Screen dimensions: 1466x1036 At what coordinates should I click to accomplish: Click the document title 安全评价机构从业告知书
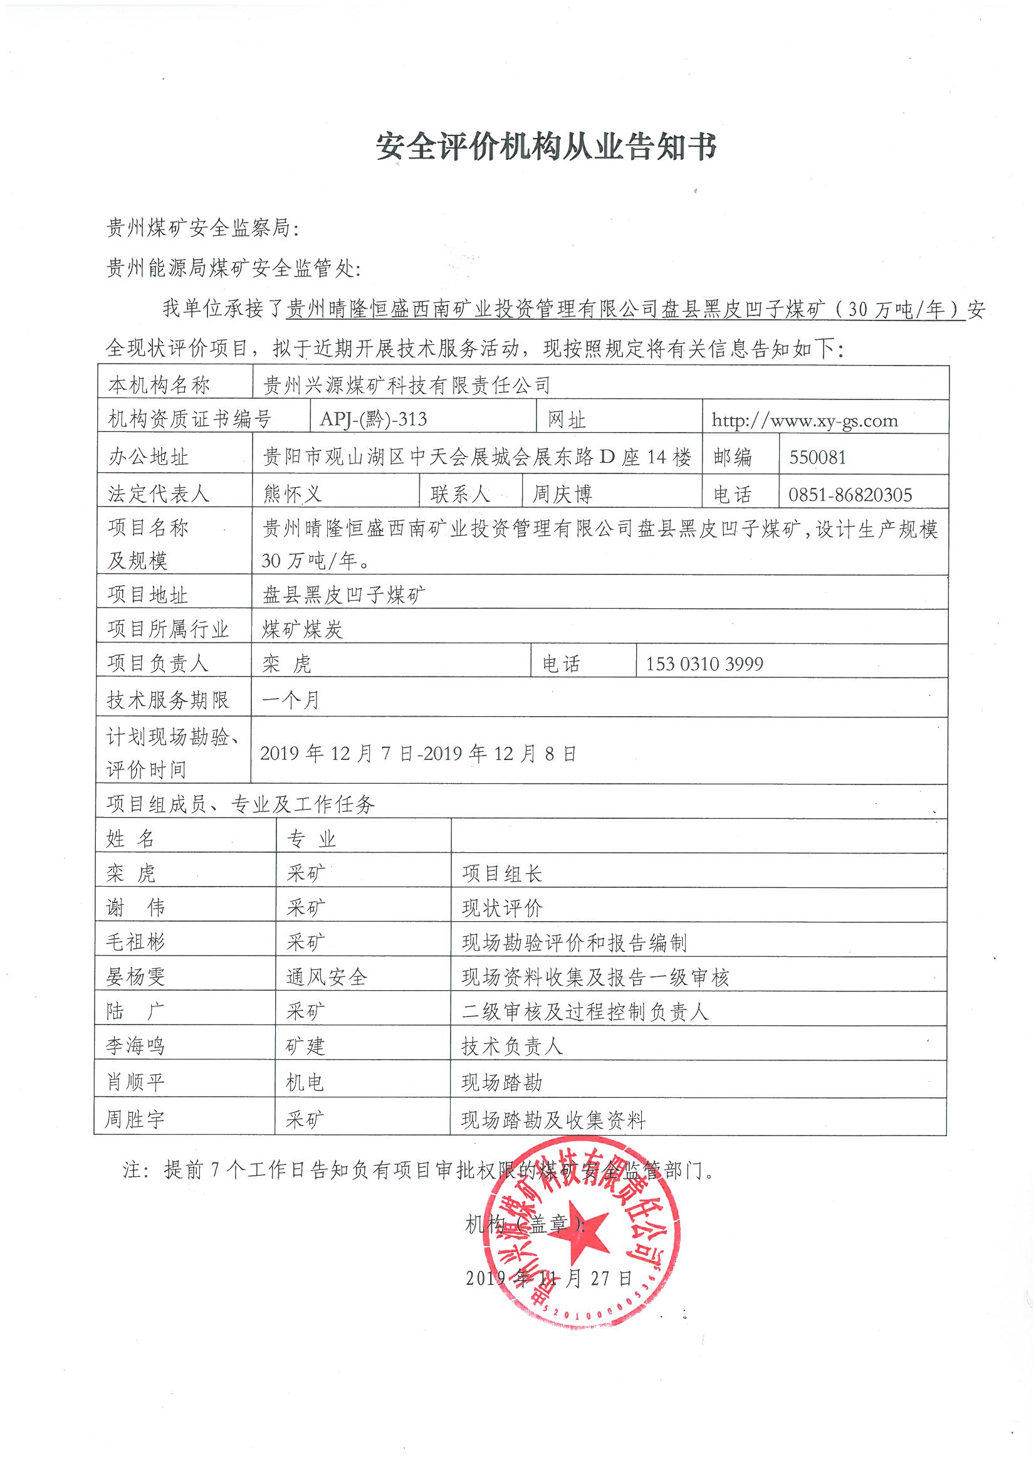(547, 147)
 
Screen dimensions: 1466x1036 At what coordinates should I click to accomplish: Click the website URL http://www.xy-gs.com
(804, 420)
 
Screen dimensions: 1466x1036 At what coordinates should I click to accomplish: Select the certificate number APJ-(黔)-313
(374, 419)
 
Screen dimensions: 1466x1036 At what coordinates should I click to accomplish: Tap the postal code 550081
(817, 457)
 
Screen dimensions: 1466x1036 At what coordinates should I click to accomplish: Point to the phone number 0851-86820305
(850, 494)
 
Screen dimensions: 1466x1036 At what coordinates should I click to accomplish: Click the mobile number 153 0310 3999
(704, 664)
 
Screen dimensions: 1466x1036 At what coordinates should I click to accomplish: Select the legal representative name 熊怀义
(292, 493)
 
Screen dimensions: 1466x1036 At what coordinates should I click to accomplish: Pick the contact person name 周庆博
(562, 493)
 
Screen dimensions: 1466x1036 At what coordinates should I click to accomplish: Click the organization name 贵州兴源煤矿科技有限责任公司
(407, 385)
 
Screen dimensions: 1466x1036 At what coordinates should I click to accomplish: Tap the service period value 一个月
(290, 700)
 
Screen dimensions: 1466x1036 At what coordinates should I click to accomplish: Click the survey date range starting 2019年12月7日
(418, 754)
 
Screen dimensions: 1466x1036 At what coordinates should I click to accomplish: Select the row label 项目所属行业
(168, 630)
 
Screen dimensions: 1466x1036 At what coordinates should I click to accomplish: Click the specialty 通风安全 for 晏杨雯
(327, 977)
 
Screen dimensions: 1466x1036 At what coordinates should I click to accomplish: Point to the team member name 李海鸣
(135, 1046)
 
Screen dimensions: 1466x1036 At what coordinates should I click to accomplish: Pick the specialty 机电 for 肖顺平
(305, 1082)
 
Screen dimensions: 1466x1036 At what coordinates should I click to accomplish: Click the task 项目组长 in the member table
(502, 873)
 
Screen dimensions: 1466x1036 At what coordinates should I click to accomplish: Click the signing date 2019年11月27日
(549, 1278)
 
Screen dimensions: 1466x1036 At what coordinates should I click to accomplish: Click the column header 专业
(311, 838)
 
